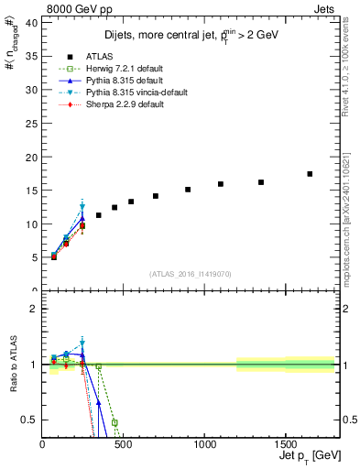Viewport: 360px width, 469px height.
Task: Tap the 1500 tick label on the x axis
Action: tap(285, 445)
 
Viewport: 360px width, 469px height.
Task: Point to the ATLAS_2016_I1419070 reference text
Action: tap(189, 274)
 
